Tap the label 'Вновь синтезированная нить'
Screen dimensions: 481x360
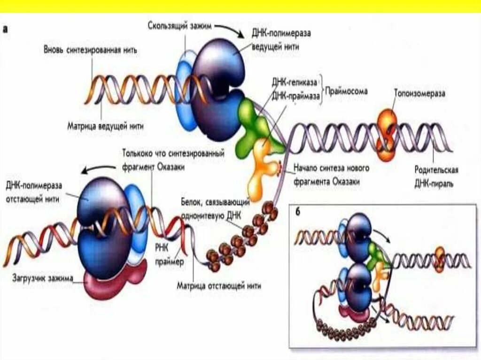tap(90, 50)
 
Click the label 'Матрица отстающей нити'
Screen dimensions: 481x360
tap(218, 285)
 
